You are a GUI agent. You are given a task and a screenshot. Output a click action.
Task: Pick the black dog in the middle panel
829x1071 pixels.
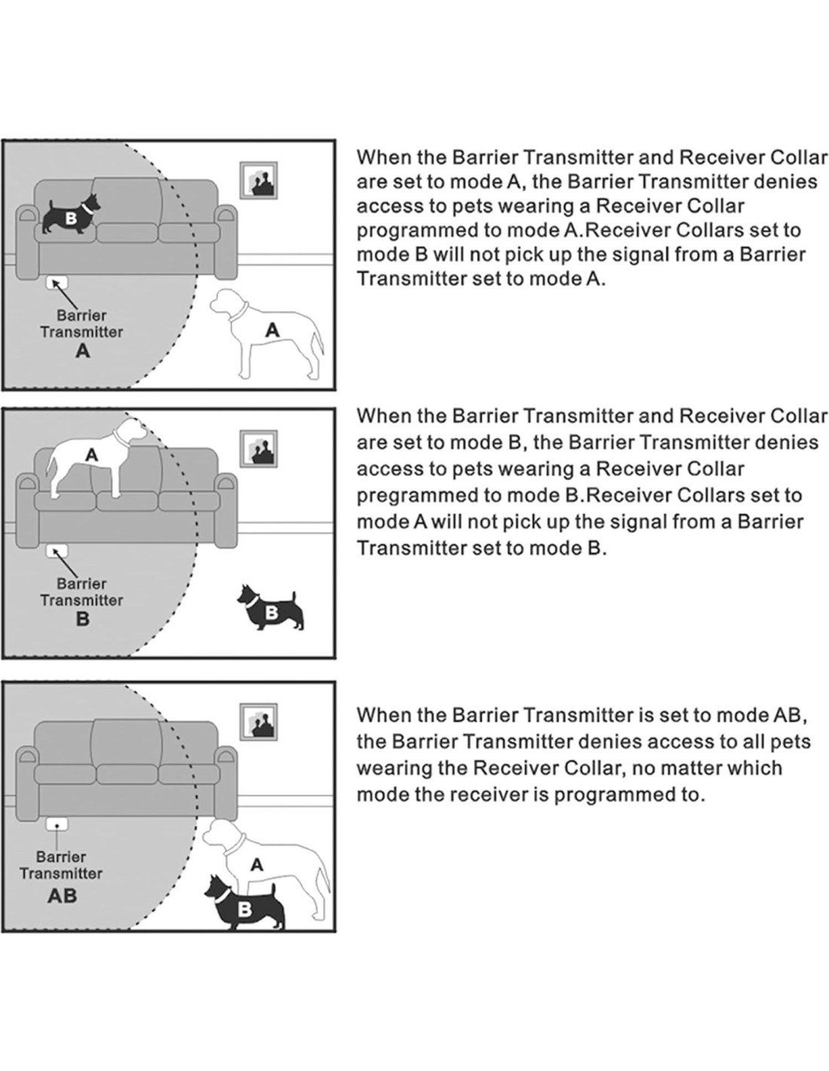271,607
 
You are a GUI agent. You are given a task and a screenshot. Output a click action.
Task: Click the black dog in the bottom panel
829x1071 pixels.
244,904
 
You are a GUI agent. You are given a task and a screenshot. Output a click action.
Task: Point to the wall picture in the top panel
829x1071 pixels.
258,180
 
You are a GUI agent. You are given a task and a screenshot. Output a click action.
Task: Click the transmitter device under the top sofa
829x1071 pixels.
57,282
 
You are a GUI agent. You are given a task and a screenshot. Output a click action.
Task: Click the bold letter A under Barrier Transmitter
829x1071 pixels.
82,351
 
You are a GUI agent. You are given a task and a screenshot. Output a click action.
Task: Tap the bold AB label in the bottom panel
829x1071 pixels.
62,896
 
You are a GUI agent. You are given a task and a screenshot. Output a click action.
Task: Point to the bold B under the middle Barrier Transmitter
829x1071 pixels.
82,619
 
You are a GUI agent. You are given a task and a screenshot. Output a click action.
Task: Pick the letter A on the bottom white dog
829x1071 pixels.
257,865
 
